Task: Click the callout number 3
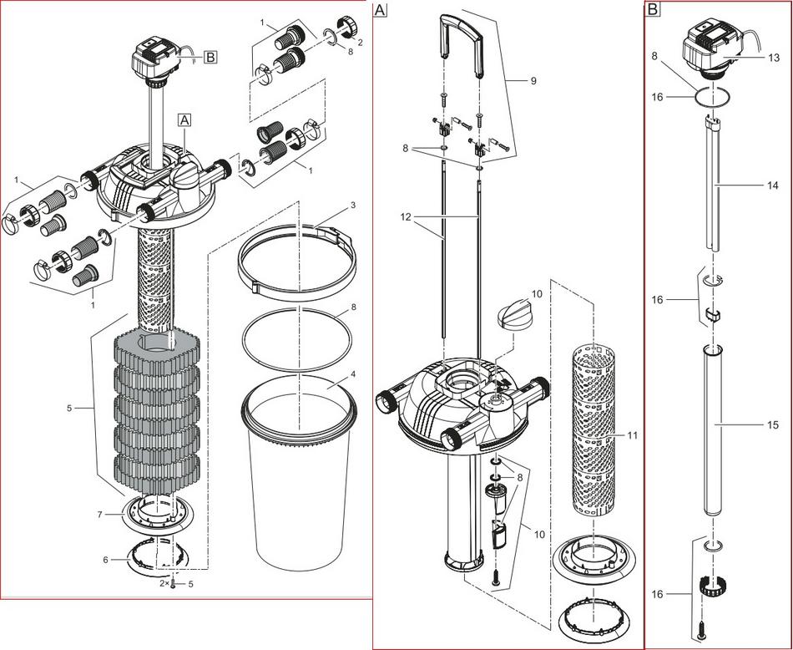[354, 205]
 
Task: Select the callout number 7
[99, 515]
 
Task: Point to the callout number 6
[105, 560]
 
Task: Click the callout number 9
[533, 80]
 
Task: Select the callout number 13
[774, 58]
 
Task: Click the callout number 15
[774, 425]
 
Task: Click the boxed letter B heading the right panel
[653, 9]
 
